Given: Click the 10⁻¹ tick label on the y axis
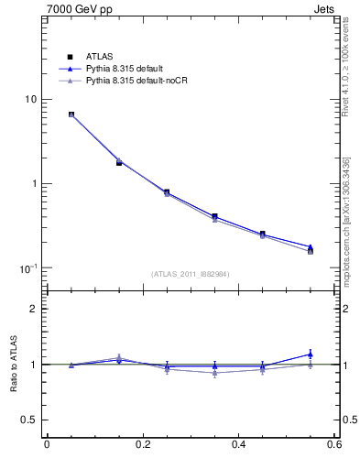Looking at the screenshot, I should [x=29, y=267].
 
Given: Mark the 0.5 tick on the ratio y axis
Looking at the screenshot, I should [x=29, y=420].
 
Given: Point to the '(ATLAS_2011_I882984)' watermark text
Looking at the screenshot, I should [x=191, y=274].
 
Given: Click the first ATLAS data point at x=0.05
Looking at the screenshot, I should [x=71, y=115].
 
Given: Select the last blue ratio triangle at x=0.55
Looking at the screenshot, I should [x=311, y=354].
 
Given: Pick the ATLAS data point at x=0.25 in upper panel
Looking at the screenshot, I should [x=167, y=192].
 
